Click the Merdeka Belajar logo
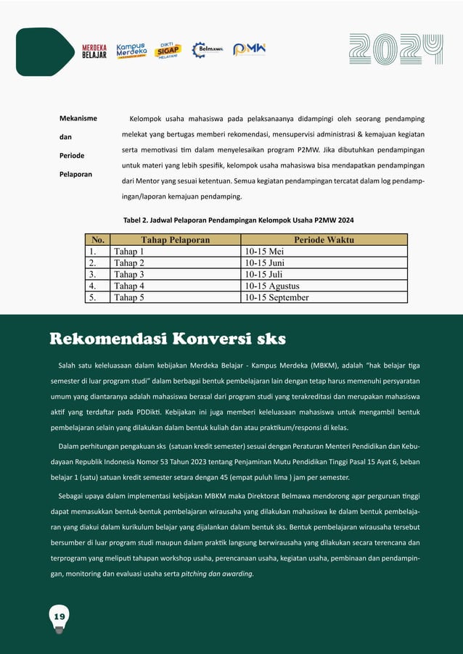point(94,50)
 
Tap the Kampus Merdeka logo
point(132,50)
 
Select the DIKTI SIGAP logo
point(168,50)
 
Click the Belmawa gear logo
point(207,49)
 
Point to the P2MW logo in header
point(249,49)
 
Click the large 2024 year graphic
point(396,50)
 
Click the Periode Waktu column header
point(324,240)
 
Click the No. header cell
point(97,240)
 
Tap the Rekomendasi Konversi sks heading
point(167,339)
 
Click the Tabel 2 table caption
point(239,220)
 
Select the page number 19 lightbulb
point(60,617)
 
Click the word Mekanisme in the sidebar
point(78,118)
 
